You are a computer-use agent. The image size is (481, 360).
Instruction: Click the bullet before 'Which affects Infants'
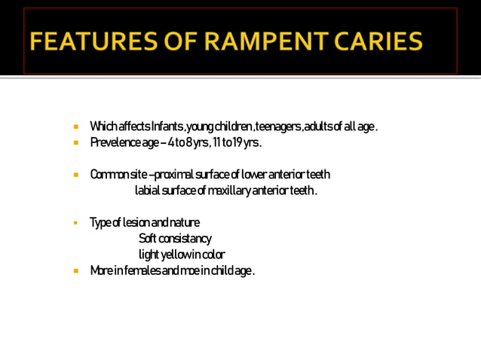76,126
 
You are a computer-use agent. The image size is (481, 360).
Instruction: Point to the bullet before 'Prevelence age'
76,142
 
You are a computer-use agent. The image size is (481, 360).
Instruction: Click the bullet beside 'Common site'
76,175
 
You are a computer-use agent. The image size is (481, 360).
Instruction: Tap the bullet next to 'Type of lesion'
76,223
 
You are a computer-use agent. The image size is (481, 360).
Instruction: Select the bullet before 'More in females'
76,271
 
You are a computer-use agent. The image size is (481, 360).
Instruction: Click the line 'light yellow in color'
182,255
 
